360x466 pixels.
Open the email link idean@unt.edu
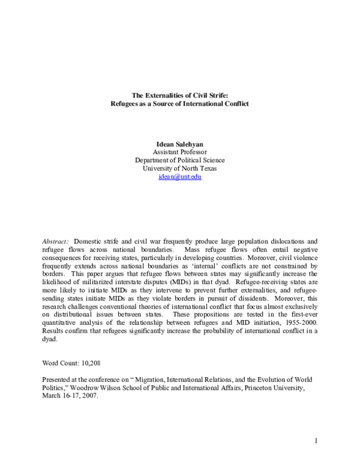(x=179, y=177)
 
